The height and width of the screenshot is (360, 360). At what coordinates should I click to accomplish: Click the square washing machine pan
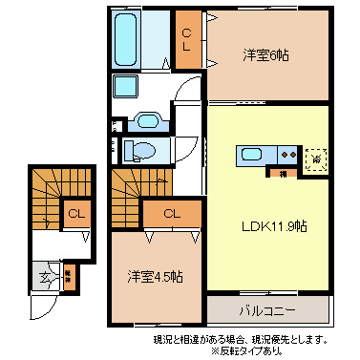(x=127, y=87)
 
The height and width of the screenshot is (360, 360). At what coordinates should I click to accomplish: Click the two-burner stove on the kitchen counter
(x=286, y=156)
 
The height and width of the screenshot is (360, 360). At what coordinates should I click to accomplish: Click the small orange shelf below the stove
(x=284, y=174)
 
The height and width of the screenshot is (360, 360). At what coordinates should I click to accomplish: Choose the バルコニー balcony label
(x=266, y=311)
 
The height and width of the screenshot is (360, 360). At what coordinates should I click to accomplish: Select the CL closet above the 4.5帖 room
(x=172, y=213)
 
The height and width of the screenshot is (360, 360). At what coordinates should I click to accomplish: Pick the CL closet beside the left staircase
(x=74, y=214)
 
